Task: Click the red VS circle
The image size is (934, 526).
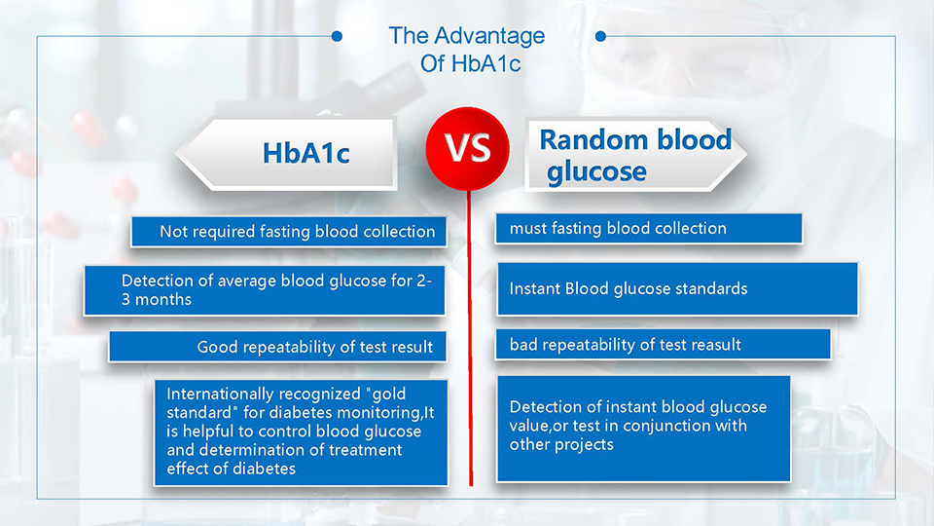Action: tap(468, 148)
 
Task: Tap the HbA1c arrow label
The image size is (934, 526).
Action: tap(286, 154)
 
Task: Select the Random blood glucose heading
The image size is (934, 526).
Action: tap(635, 155)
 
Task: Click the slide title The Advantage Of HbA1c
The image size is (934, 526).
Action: tap(468, 49)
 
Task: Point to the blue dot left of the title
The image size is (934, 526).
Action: tap(337, 36)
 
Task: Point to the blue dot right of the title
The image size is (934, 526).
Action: tap(600, 36)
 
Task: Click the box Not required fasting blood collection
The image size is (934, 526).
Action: tap(289, 232)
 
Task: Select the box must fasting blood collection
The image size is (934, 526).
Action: tap(649, 228)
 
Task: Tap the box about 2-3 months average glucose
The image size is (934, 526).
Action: tap(265, 290)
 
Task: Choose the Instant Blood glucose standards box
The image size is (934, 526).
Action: tap(677, 288)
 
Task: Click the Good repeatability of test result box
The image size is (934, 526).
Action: tap(277, 347)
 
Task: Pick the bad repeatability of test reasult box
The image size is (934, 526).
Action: tap(663, 344)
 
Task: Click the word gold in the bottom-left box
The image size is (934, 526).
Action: tap(389, 394)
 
